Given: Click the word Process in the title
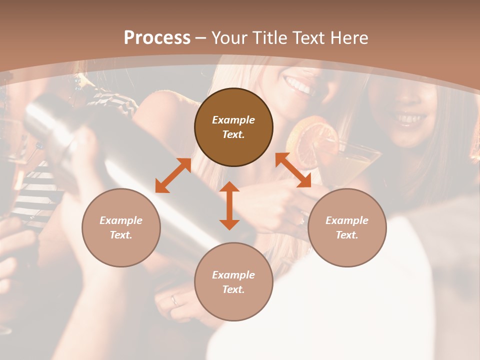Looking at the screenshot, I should (x=157, y=38).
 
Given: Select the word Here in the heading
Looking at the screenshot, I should (x=350, y=38).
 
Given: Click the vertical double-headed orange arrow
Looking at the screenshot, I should (x=229, y=205).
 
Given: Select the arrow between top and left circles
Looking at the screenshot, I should (x=173, y=175).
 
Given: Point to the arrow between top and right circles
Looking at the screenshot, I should (x=293, y=170).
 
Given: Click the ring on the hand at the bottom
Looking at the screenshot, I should (x=174, y=300).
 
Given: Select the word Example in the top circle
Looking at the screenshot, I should (x=233, y=120).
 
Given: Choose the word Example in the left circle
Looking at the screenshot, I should (x=121, y=220).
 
